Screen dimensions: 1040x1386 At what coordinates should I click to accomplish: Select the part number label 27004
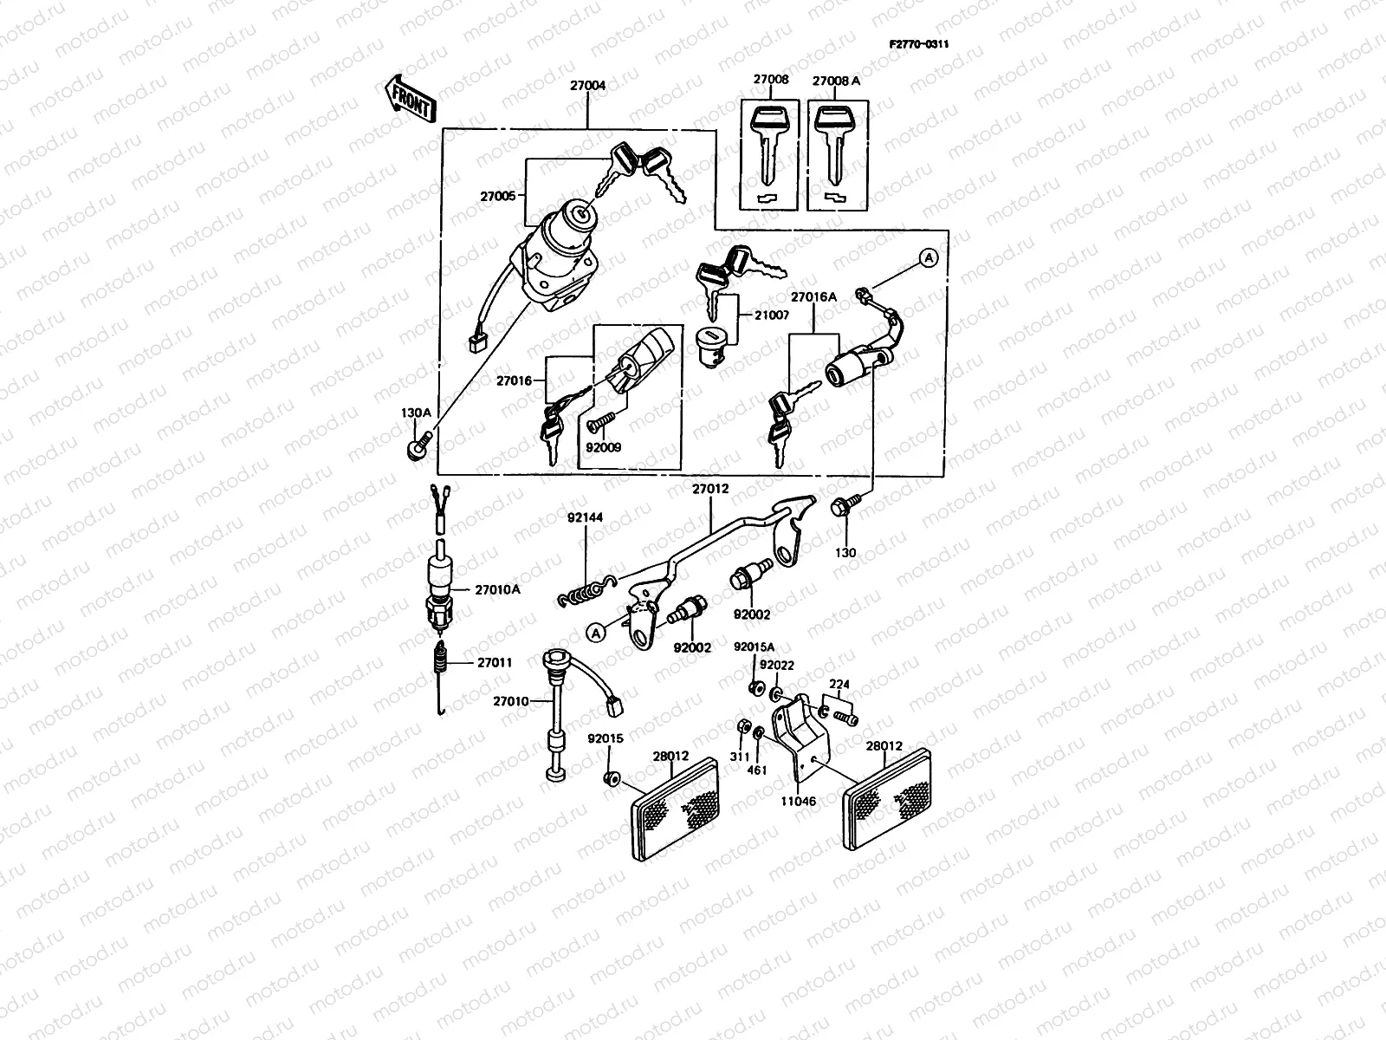[x=587, y=86]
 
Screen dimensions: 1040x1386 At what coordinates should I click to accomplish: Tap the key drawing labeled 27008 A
[x=835, y=147]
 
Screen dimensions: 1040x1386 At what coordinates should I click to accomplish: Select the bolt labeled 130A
[x=416, y=449]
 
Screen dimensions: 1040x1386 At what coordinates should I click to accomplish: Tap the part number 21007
[x=771, y=315]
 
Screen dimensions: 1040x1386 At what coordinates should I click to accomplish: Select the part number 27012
[x=709, y=488]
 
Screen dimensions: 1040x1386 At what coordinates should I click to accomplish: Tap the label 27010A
[x=497, y=589]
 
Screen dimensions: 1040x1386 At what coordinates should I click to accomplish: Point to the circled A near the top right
[x=927, y=258]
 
